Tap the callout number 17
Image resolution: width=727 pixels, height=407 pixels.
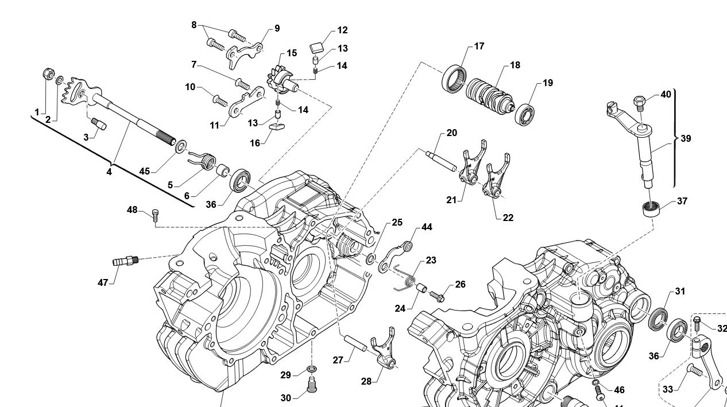pos(479,46)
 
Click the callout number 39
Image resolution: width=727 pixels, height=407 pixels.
pos(686,138)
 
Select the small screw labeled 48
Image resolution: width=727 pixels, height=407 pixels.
pos(154,215)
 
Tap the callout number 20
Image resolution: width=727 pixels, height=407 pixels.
pos(451,133)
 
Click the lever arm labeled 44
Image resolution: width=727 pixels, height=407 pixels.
pos(399,253)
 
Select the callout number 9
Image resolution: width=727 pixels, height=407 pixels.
pos(277,28)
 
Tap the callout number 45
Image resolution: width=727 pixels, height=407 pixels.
pos(144,170)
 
